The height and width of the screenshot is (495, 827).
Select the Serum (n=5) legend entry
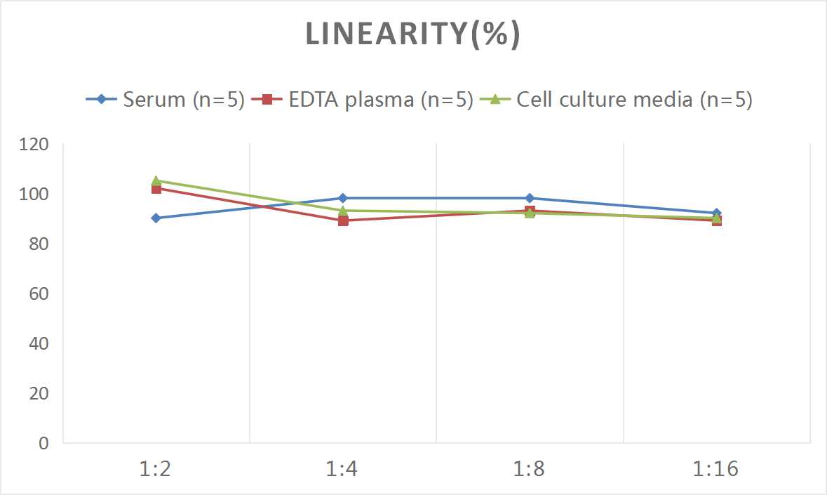165,100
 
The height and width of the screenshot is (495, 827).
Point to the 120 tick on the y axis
34,145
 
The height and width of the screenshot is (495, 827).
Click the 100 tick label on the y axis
34,194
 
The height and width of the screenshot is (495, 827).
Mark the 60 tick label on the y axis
39,293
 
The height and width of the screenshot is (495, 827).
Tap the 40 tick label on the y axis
39,343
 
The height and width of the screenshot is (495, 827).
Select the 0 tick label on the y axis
43,443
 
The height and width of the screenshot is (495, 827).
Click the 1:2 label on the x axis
156,468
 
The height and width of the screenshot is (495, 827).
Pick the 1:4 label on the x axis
343,468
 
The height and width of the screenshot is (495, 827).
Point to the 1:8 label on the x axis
530,468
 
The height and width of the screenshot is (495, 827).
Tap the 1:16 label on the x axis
716,468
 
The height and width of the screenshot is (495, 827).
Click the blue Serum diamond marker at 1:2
156,218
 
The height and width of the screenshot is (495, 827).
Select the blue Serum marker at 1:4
343,198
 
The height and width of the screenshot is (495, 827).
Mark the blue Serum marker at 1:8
530,198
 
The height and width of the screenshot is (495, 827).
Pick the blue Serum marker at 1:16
716,213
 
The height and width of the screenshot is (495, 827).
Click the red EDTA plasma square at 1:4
343,220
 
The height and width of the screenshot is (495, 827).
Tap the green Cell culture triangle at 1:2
156,180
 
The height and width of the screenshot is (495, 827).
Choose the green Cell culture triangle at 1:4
343,210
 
